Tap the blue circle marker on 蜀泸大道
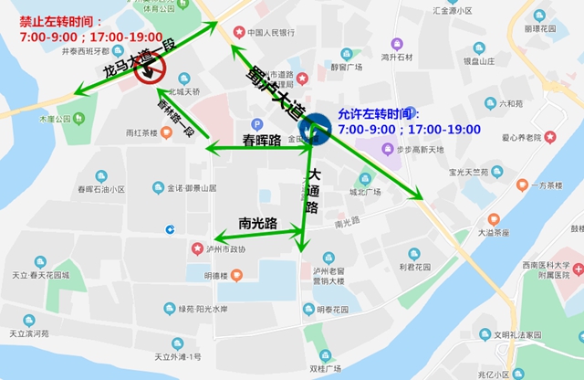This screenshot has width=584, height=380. [318, 128]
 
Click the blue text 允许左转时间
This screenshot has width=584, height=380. [379, 115]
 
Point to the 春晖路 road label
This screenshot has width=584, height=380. [262, 140]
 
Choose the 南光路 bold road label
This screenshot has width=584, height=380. [258, 222]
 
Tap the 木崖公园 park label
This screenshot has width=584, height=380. [54, 119]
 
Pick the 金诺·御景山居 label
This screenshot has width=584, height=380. [191, 188]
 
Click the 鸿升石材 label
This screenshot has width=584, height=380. [398, 57]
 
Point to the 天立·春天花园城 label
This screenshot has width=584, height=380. [40, 275]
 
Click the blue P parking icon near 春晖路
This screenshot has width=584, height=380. [256, 124]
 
